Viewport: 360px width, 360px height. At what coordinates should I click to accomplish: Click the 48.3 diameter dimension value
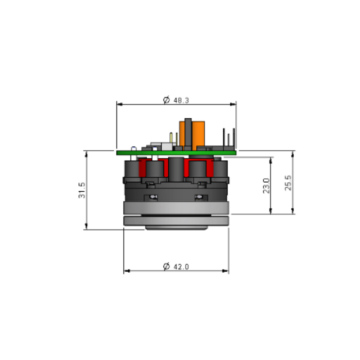click(181, 100)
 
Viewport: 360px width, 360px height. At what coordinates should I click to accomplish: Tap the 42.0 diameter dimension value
click(181, 267)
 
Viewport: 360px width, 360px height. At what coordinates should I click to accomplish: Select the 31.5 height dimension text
click(82, 190)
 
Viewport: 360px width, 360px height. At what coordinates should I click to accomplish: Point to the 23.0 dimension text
click(266, 186)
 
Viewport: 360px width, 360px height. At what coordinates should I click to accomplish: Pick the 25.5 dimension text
click(288, 183)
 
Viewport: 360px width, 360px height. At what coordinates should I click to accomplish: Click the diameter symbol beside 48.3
click(166, 100)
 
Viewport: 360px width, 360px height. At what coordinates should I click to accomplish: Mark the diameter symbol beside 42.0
click(166, 266)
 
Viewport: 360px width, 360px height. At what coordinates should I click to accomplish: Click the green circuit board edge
click(176, 153)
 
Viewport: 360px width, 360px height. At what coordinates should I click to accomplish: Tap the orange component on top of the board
click(192, 136)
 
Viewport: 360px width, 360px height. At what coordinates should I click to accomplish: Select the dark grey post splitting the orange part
click(188, 134)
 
